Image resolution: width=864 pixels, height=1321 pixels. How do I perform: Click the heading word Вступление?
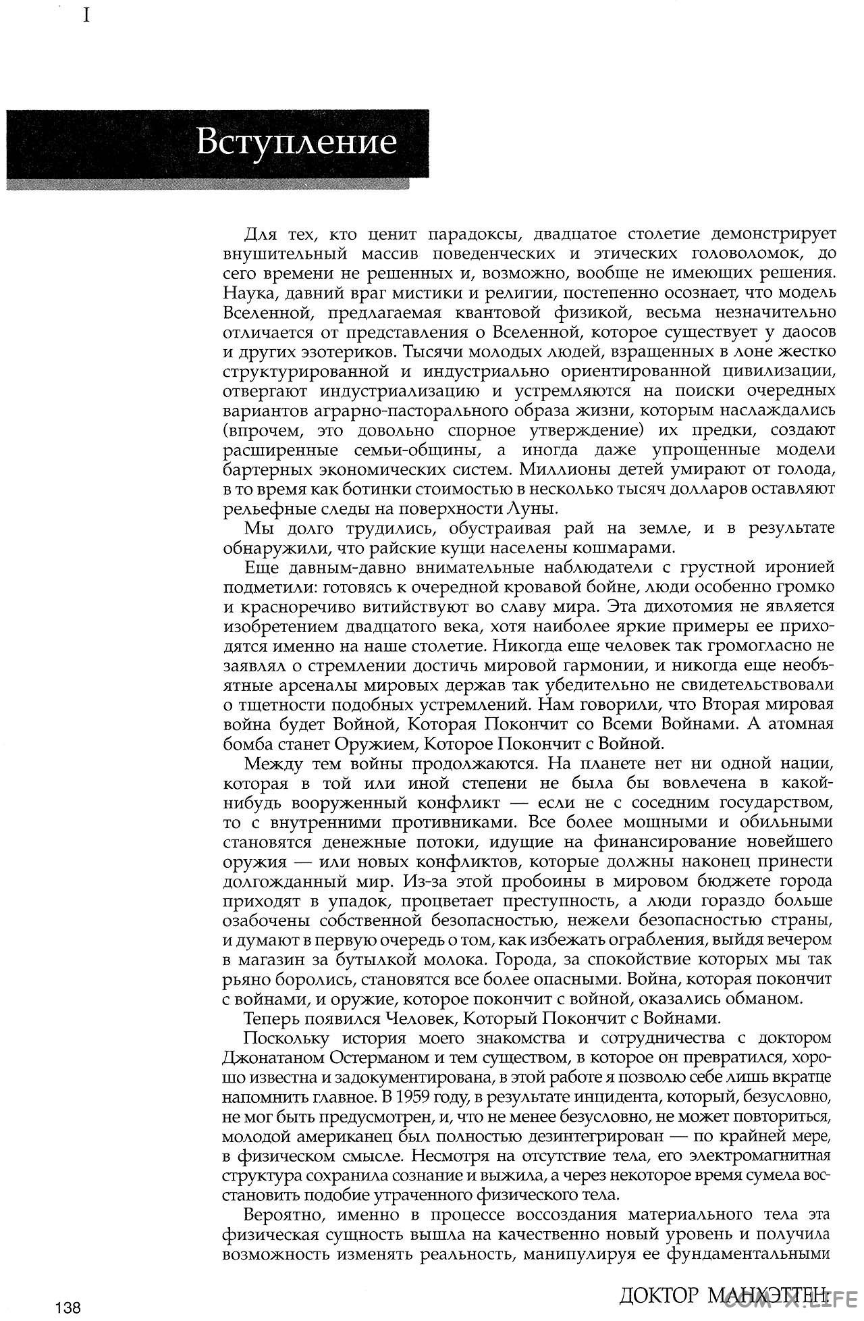pyautogui.click(x=296, y=143)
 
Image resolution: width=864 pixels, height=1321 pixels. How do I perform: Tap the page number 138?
pyautogui.click(x=69, y=1308)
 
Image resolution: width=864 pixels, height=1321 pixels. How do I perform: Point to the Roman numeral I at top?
pyautogui.click(x=86, y=15)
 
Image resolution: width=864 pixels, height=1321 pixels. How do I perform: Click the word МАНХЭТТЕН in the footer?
pyautogui.click(x=769, y=1295)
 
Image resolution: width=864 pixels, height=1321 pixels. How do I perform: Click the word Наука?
pyautogui.click(x=248, y=294)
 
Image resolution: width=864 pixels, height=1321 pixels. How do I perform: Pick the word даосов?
pyautogui.click(x=807, y=333)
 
